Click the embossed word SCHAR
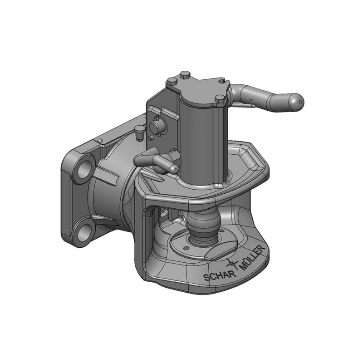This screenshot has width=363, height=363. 220,275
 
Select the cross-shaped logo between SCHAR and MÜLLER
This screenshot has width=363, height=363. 232,264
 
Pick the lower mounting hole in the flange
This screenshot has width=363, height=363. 83,233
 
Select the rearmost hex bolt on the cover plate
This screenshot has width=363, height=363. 185,74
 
